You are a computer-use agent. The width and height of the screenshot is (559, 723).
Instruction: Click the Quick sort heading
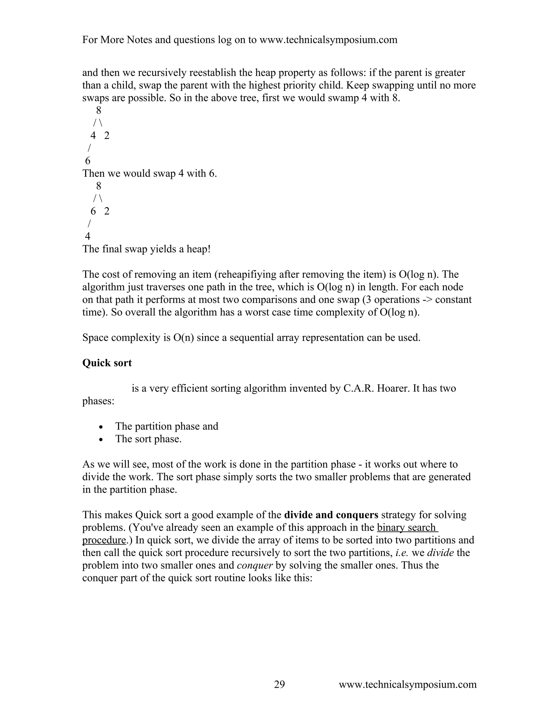[x=107, y=363]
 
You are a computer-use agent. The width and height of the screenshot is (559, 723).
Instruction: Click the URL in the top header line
[x=328, y=40]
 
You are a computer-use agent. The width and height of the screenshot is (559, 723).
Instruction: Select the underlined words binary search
[x=407, y=527]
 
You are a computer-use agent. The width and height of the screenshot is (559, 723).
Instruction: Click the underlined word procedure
[x=104, y=540]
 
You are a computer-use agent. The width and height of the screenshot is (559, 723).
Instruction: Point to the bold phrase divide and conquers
[x=331, y=515]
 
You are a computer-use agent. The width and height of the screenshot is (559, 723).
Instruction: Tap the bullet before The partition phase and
[x=101, y=427]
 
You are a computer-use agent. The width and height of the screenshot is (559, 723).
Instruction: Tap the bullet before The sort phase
[x=101, y=440]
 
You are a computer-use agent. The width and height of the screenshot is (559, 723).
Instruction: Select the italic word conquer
[x=255, y=565]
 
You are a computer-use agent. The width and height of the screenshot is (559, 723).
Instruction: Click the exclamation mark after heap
[x=209, y=249]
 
